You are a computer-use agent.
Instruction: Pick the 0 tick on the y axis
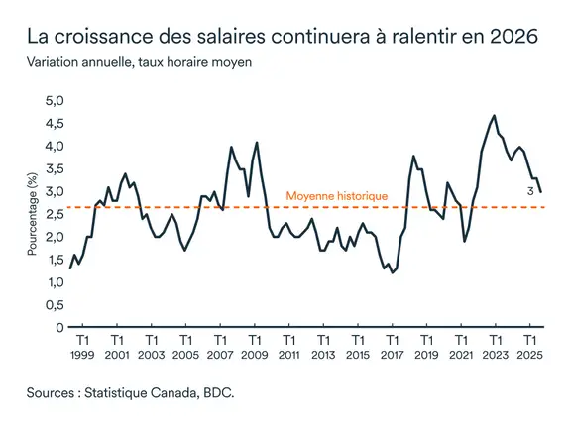coord(59,327)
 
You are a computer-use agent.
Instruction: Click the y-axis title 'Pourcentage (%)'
coord(32,215)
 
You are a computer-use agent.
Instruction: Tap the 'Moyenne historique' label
coord(336,196)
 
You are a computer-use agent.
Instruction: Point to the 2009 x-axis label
coord(254,354)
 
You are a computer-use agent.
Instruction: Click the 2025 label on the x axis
coord(529,354)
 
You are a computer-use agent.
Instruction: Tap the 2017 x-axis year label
coord(392,354)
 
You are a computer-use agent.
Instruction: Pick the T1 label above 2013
coord(322,339)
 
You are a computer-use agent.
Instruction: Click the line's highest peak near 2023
coord(494,116)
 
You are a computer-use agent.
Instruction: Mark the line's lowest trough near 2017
coord(393,272)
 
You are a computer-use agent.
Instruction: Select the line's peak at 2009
coord(257,143)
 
